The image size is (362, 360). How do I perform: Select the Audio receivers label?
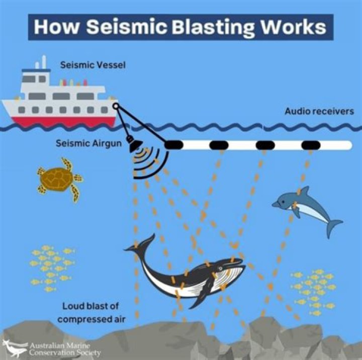tap(319, 111)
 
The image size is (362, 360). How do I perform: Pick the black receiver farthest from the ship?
tap(311, 145)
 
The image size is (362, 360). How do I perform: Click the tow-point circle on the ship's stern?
tap(116, 106)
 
